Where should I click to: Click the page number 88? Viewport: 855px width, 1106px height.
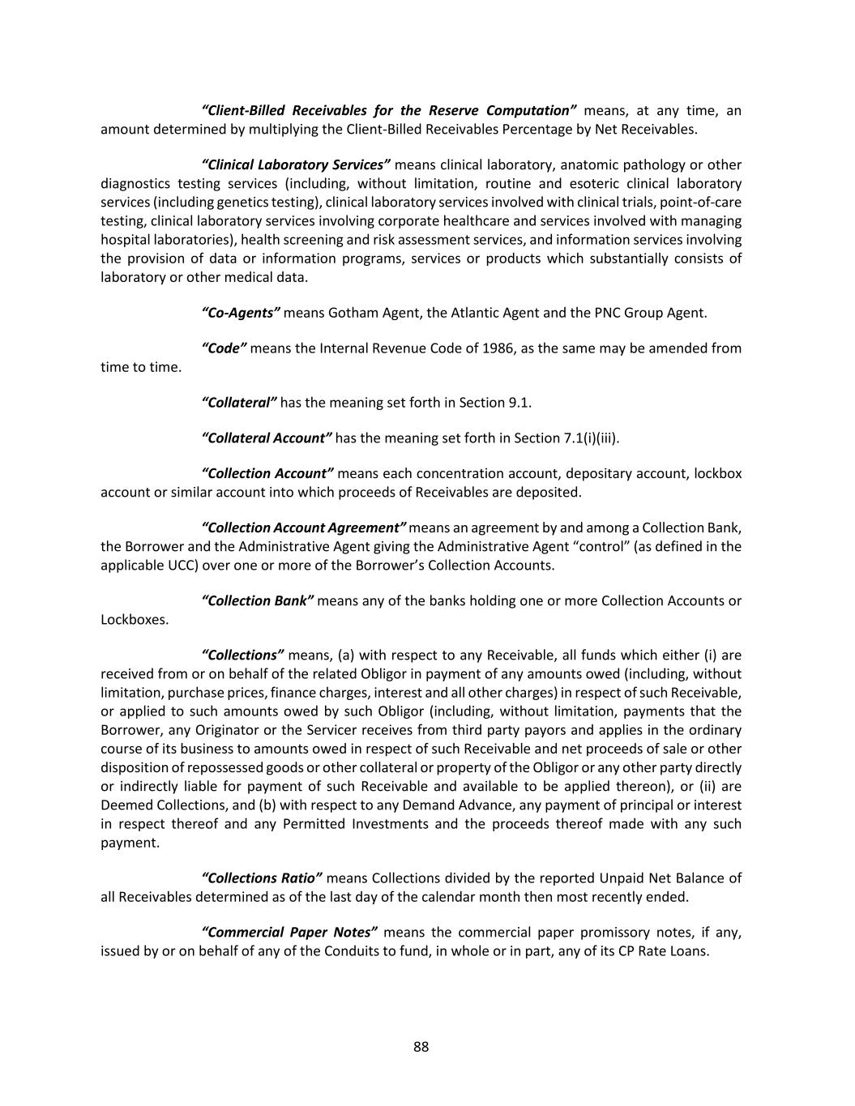tap(421, 1047)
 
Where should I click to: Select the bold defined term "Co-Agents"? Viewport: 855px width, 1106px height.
tap(241, 313)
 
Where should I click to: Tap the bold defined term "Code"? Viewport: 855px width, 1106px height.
tap(224, 348)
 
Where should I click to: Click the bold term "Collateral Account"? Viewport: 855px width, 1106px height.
tap(266, 438)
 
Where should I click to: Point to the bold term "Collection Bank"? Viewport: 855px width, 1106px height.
tap(257, 601)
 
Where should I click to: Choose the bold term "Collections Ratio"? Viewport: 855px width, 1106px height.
tap(261, 878)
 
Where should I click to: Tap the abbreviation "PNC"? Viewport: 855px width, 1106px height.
tap(608, 313)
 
